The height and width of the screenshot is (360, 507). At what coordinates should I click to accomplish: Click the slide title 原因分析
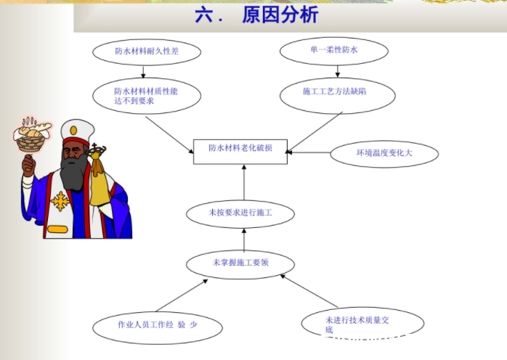tap(280, 15)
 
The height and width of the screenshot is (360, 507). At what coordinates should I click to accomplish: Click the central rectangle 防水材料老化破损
tap(240, 152)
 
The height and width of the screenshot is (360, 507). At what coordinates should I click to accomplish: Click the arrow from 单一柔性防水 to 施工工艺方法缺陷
tap(337, 71)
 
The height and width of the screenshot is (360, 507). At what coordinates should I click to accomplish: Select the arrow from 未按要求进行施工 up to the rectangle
tap(244, 182)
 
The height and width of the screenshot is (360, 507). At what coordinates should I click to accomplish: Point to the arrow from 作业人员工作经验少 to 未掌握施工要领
tap(182, 295)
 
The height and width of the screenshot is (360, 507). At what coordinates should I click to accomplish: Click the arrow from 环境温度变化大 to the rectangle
tap(309, 152)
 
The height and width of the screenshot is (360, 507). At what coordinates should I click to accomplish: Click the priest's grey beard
tap(74, 173)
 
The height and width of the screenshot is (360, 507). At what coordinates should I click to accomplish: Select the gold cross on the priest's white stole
tap(60, 201)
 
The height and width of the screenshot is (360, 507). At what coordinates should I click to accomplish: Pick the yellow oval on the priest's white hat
tap(73, 131)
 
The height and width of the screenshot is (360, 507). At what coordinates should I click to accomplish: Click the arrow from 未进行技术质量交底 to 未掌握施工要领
tap(309, 291)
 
